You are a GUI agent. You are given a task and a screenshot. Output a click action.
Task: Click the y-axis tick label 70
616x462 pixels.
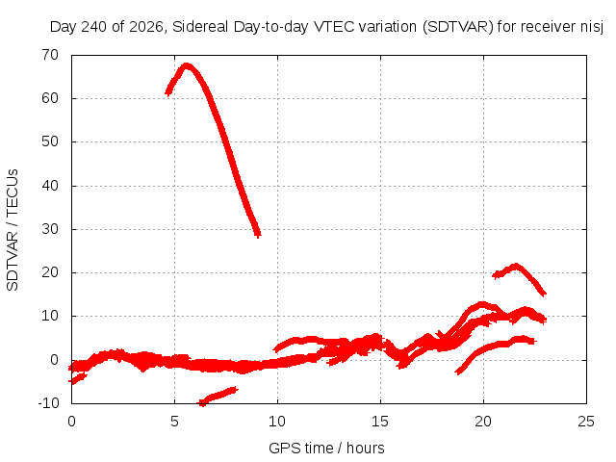[50, 55]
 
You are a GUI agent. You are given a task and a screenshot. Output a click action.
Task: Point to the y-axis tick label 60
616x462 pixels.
[50, 98]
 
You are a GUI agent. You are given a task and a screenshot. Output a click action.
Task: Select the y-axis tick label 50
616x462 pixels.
[50, 141]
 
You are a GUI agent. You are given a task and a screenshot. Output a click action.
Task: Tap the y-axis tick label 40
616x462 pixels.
[50, 186]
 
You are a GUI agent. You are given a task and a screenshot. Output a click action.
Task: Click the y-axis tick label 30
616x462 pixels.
[50, 229]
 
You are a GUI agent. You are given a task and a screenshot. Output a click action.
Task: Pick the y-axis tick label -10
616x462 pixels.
[48, 403]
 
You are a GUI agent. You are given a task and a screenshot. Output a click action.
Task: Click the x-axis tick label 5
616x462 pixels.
[174, 422]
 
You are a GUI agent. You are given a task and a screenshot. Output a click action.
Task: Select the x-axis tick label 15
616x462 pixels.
[380, 422]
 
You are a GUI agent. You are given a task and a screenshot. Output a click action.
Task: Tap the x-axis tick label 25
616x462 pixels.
[586, 422]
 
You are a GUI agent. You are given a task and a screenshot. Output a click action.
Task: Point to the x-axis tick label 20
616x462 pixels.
[483, 422]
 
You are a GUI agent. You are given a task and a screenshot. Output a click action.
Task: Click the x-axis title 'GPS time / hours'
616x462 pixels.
[326, 449]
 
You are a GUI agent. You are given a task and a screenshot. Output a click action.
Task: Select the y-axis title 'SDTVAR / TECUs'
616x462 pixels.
[13, 230]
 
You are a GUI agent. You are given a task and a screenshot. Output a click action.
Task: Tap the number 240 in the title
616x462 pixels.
[94, 27]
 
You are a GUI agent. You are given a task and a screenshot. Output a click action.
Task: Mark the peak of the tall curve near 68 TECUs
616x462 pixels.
[187, 65]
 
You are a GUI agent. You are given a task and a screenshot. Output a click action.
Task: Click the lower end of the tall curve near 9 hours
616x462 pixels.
[258, 235]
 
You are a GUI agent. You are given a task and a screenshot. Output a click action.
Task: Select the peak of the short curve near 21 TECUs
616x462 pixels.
[516, 267]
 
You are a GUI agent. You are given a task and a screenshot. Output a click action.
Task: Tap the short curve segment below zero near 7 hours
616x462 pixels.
[218, 396]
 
